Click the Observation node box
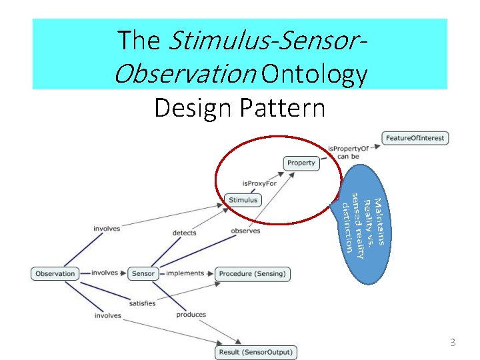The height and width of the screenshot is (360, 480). click(55, 273)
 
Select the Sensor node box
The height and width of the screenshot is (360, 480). click(143, 273)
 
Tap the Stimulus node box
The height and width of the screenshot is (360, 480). click(243, 199)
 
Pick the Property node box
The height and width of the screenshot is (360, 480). click(301, 163)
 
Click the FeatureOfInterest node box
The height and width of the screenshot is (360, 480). click(414, 138)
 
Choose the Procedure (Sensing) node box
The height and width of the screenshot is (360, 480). click(252, 273)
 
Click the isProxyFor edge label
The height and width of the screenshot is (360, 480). click(259, 183)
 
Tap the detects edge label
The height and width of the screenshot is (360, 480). click(185, 233)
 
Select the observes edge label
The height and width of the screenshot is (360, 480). click(245, 231)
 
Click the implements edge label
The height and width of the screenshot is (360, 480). click(185, 273)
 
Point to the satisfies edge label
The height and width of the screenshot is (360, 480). click(142, 303)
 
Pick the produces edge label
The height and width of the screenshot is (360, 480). click(191, 315)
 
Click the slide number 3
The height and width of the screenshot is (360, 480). click(453, 343)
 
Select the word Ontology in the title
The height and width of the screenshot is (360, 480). click(315, 75)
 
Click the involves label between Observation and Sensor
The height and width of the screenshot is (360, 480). click(105, 273)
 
